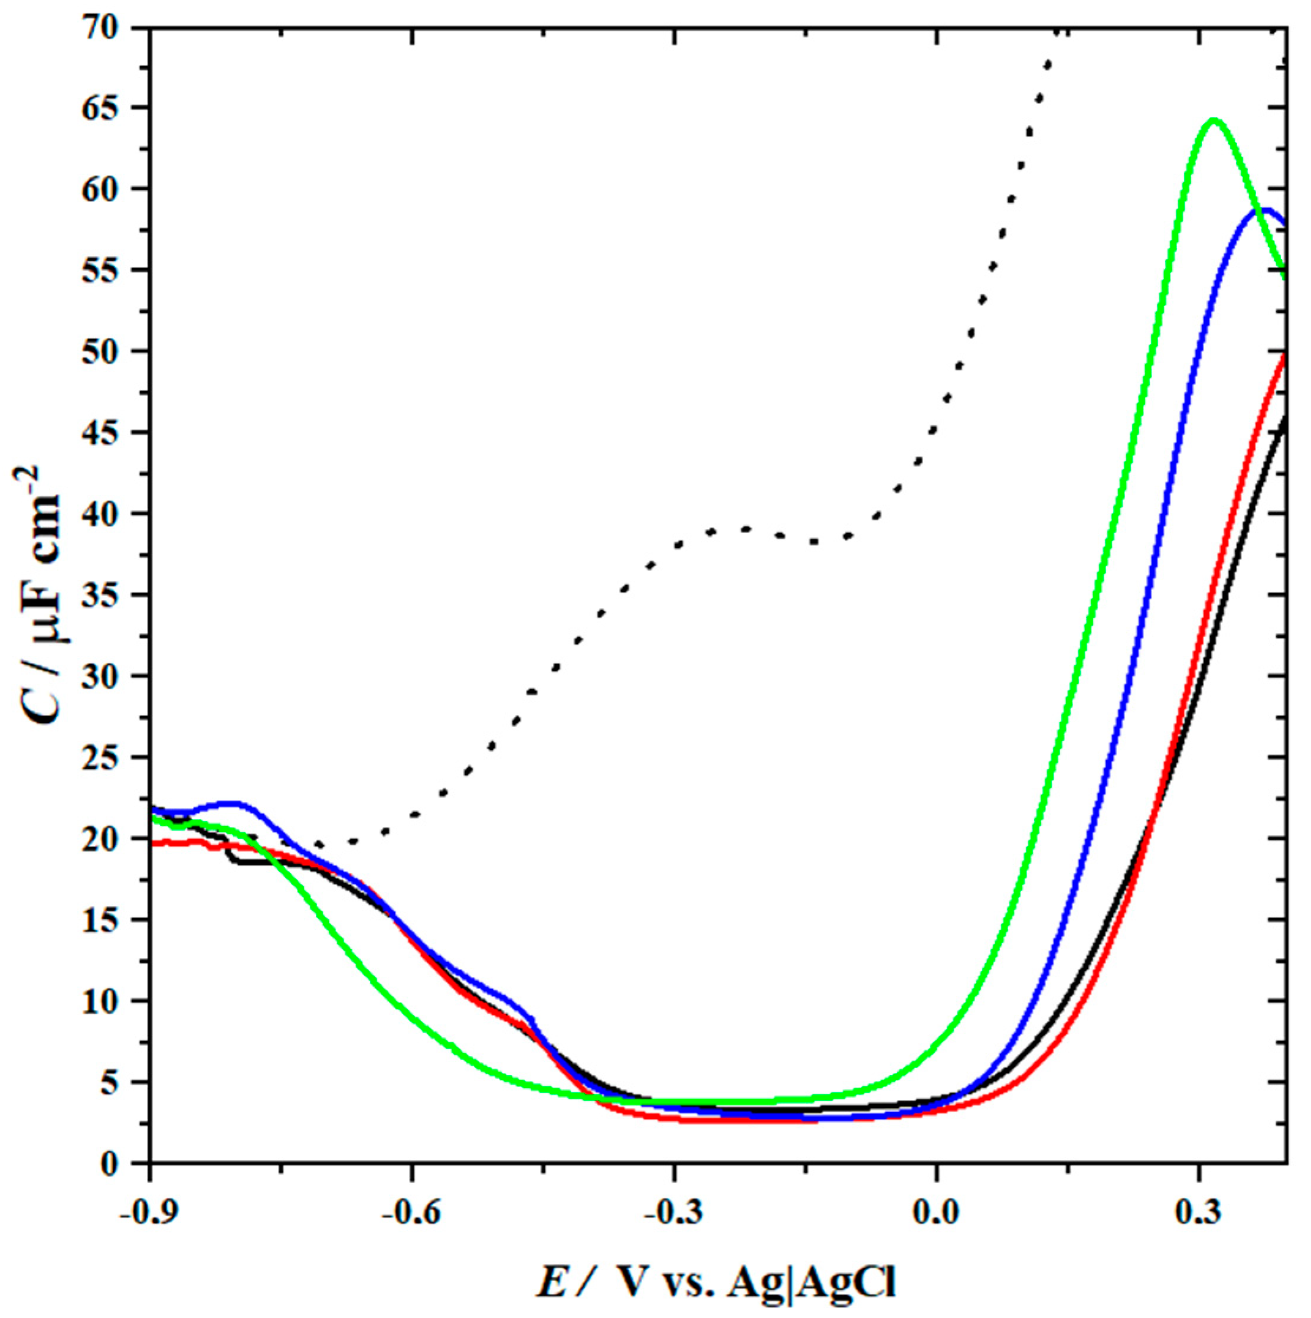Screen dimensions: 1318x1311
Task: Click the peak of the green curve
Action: click(x=1213, y=121)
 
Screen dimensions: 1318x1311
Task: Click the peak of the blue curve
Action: click(x=1266, y=210)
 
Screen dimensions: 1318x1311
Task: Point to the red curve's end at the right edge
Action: click(x=1284, y=357)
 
